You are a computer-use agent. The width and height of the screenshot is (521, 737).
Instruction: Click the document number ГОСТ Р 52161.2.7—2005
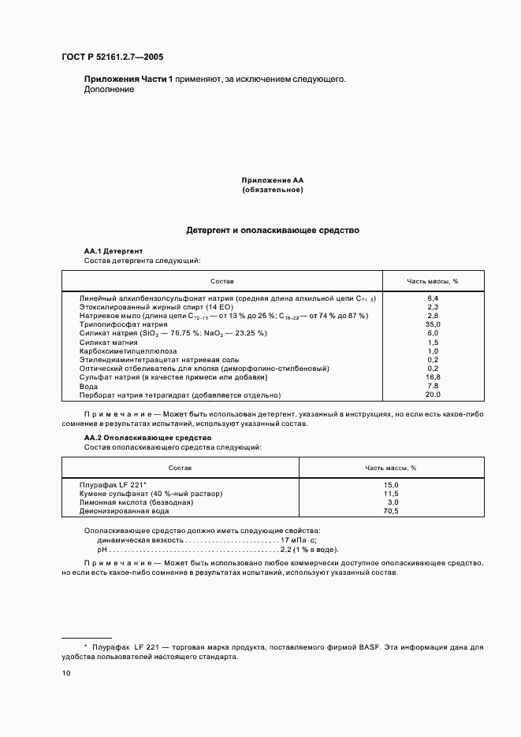click(x=113, y=57)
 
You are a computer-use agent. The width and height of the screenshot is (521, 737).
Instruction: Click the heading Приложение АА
click(x=272, y=180)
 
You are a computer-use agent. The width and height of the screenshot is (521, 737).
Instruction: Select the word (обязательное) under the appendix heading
click(x=272, y=190)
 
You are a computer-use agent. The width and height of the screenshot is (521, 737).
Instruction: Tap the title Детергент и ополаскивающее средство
click(x=272, y=231)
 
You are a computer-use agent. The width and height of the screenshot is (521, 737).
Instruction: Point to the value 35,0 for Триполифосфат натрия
click(x=433, y=324)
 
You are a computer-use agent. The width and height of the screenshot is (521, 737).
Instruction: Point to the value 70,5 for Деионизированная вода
click(x=390, y=511)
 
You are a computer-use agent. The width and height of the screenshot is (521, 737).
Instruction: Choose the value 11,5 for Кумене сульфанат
click(x=390, y=494)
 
